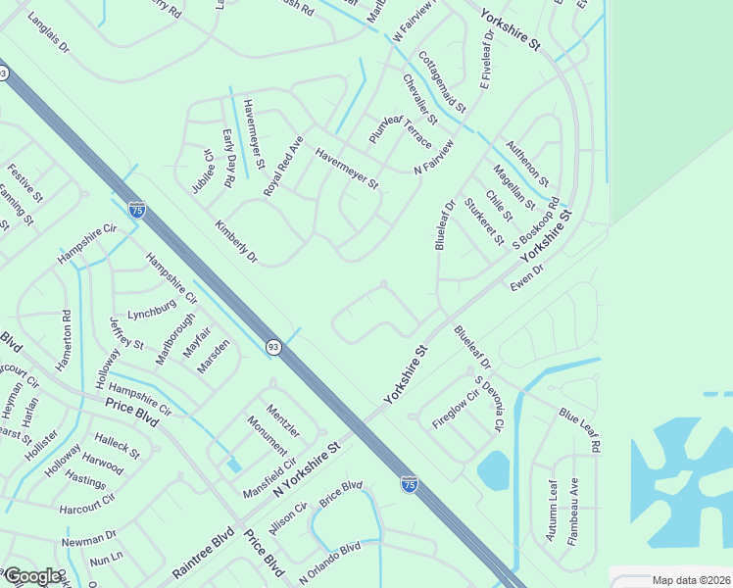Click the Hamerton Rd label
(66, 338)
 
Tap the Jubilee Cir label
(202, 171)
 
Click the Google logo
(32, 576)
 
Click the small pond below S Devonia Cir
(493, 470)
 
